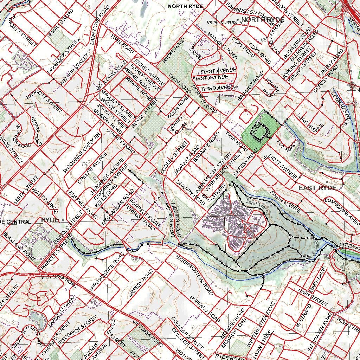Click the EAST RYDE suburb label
coord(317,188)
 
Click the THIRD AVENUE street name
coord(219,88)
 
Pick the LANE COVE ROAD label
coord(98,27)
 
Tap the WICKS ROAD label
coord(173,51)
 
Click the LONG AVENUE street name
coord(310,125)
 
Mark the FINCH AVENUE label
coord(285,202)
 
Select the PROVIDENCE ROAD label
coord(108,271)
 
